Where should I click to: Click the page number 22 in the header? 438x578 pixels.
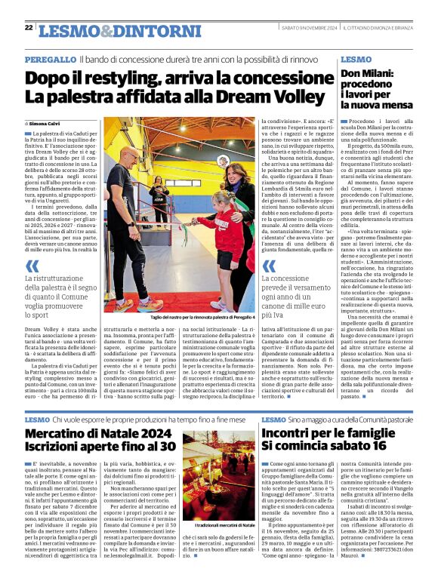point(29,27)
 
